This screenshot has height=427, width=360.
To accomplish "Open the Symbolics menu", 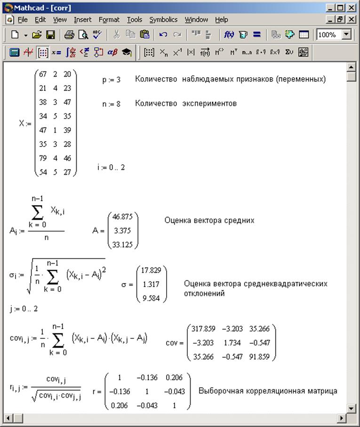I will click(x=163, y=20).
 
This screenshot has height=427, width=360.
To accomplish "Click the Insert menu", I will click(x=83, y=20).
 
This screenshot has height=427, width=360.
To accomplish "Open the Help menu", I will click(x=222, y=20).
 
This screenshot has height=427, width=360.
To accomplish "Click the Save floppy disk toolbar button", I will click(x=50, y=35).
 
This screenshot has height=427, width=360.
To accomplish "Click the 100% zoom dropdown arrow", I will click(x=347, y=35).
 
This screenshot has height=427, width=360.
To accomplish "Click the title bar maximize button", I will click(x=340, y=8).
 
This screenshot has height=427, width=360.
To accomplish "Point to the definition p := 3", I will click(x=111, y=80).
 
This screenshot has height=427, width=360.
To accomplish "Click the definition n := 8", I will click(x=111, y=104).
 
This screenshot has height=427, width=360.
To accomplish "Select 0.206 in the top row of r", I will click(x=174, y=378).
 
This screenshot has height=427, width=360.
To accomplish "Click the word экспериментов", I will click(x=209, y=104).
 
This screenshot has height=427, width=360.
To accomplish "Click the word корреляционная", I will click(x=264, y=391).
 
